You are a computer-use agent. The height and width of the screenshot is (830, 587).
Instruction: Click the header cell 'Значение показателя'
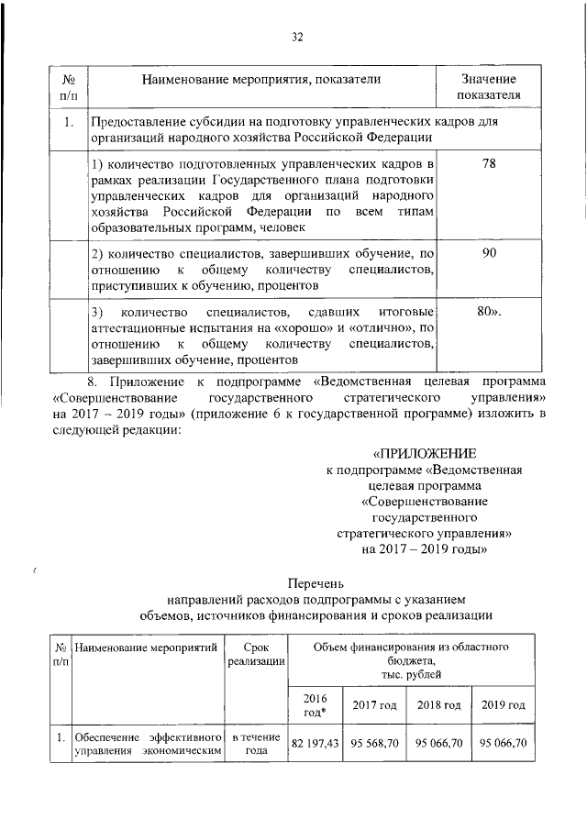click(489, 87)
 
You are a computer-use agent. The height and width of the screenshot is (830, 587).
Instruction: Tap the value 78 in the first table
click(489, 163)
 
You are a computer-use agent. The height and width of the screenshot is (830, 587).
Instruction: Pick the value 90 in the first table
click(489, 253)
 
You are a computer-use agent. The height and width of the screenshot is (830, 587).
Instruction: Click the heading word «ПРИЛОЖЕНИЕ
click(425, 454)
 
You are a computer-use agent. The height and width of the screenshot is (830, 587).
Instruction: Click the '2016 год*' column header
click(315, 704)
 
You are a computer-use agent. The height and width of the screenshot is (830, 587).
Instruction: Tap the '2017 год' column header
click(373, 704)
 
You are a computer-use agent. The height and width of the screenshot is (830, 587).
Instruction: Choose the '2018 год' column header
click(437, 704)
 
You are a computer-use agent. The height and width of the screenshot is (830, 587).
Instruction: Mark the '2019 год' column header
click(502, 704)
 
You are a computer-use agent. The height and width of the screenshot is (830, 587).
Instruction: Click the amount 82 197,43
click(315, 743)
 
